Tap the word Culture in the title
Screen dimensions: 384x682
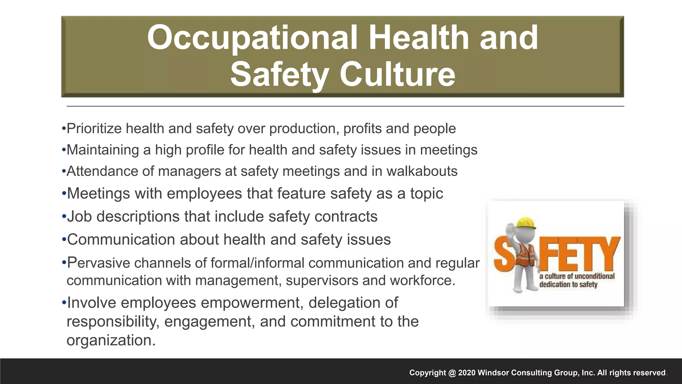click(397, 74)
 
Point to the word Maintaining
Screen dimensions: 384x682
click(103, 150)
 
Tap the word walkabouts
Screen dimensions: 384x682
click(422, 171)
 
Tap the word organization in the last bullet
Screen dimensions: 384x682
click(111, 340)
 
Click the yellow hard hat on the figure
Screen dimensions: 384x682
click(525, 223)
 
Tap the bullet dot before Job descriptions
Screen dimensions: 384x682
click(64, 217)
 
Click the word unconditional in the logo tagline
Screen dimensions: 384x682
click(594, 276)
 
